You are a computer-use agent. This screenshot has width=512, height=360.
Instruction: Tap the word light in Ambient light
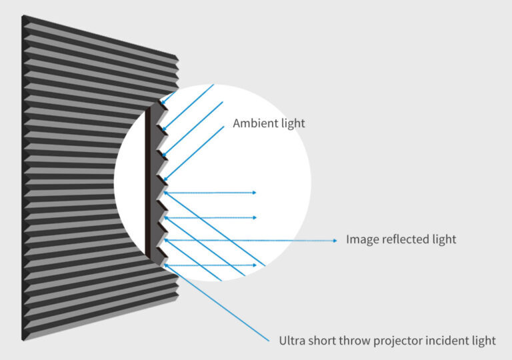[293, 123]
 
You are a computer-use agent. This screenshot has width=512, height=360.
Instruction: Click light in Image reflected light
[444, 239]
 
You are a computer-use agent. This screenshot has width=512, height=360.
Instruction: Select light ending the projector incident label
[484, 341]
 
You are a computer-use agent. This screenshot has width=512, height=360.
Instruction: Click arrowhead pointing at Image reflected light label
[335, 241]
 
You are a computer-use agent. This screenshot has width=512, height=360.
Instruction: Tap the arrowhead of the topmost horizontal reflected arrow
[255, 193]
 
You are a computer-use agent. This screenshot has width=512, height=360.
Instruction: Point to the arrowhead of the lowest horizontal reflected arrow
[255, 265]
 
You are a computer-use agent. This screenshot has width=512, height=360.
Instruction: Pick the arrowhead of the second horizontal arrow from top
[255, 217]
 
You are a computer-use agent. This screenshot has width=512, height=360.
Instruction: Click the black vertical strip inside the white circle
[148, 181]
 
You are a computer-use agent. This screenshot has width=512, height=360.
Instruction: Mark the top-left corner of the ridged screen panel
[22, 15]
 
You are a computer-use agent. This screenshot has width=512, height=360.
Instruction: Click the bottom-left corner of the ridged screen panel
[22, 341]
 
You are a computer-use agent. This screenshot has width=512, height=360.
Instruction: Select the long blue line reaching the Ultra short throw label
[217, 303]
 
